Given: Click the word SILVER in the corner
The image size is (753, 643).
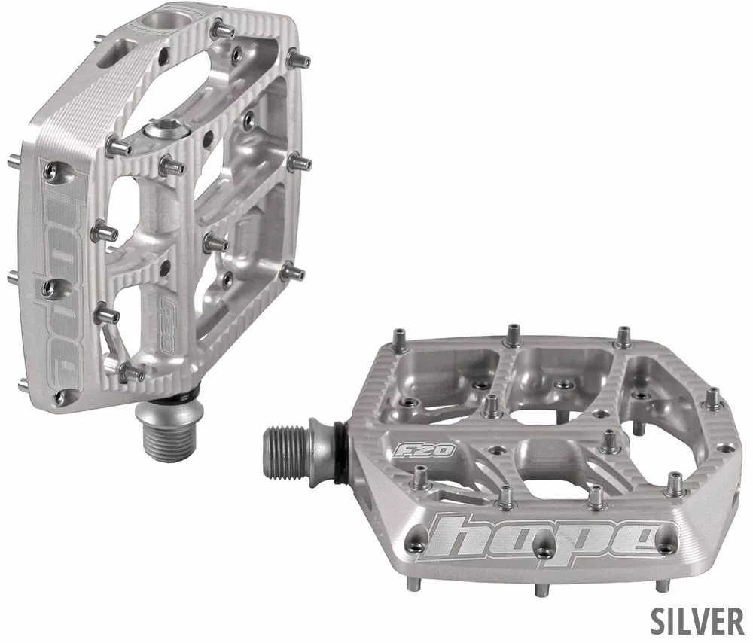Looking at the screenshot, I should click(x=697, y=620).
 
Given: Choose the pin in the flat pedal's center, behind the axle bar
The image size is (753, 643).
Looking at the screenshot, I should click(x=492, y=404).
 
